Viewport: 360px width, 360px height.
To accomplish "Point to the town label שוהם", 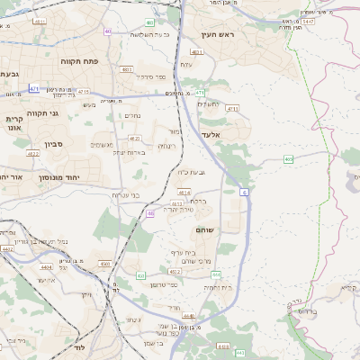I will (x=203, y=231).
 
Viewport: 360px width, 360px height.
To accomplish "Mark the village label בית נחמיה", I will (x=218, y=287).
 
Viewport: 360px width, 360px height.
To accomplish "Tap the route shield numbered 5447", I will (x=309, y=20).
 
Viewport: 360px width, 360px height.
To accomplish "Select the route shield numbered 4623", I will (x=134, y=139).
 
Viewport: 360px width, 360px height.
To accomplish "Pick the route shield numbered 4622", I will (x=33, y=154).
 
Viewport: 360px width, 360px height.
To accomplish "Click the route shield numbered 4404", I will (x=7, y=248).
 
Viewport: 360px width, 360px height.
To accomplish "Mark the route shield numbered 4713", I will (x=83, y=91).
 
